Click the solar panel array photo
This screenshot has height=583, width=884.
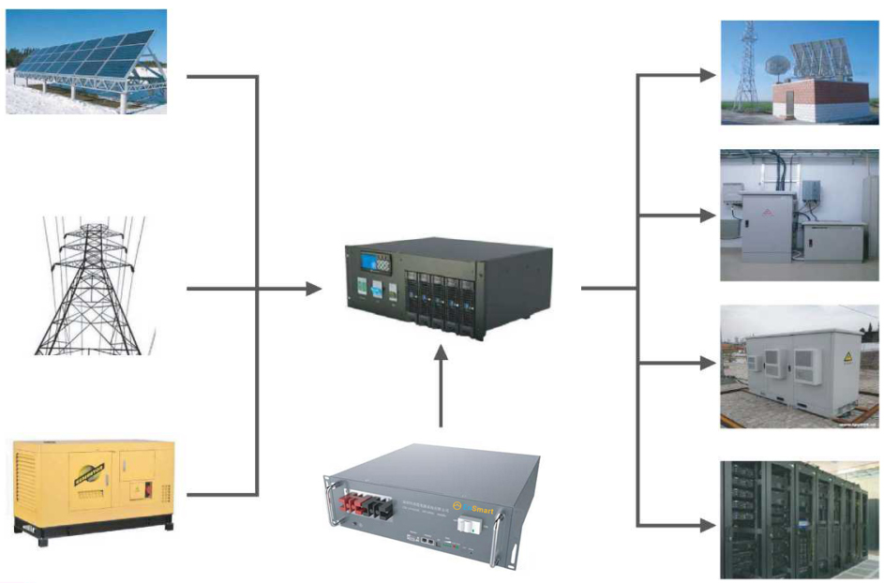86,61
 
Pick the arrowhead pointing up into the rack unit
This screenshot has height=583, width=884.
442,351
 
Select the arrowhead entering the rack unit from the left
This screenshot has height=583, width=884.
315,289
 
